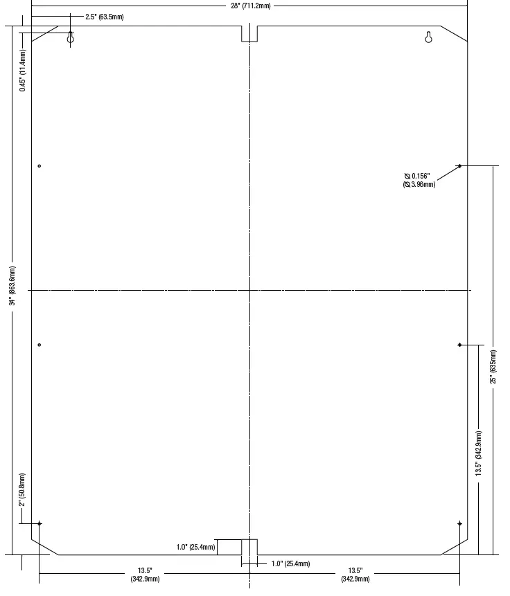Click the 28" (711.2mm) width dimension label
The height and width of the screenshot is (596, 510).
click(250, 6)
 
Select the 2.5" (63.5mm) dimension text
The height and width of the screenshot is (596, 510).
click(104, 17)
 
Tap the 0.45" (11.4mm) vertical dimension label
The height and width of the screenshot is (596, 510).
click(23, 71)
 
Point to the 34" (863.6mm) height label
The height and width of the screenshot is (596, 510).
click(12, 285)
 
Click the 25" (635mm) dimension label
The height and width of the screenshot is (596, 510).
click(493, 366)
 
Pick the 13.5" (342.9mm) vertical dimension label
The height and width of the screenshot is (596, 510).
click(478, 453)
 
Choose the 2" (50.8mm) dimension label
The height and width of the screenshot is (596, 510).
click(22, 490)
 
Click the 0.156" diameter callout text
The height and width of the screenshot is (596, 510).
click(419, 180)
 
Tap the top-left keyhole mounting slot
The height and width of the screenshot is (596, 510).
click(71, 37)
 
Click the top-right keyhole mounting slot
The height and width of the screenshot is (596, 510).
click(428, 37)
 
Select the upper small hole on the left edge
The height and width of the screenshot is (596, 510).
click(39, 166)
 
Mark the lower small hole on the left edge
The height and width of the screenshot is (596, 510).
click(39, 345)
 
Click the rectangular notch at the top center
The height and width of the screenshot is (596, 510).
click(249, 33)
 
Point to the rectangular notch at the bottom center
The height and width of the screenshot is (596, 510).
click(249, 547)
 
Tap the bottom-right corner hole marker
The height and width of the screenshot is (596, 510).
click(459, 524)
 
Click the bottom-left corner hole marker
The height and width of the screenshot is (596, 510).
click(39, 524)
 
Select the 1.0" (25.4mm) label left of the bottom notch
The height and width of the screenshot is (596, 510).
click(195, 548)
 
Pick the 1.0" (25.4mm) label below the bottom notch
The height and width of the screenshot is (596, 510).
click(291, 563)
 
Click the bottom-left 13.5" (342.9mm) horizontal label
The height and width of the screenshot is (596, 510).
click(145, 575)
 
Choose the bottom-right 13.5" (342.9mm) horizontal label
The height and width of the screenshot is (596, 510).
click(355, 575)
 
